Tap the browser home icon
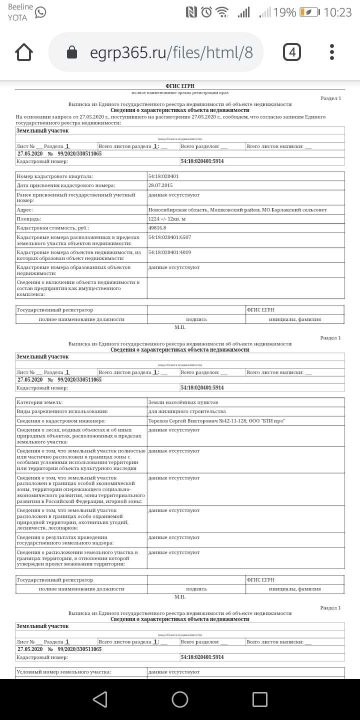pos(24,52)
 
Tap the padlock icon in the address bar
pos(72,52)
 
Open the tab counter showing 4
pos(292,52)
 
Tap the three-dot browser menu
pos(332,52)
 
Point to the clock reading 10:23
pos(337,12)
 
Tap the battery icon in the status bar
pos(309,12)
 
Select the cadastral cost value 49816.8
pos(157,227)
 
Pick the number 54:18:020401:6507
pos(169,237)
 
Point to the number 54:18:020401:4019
pos(169,252)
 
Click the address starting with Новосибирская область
pos(237,209)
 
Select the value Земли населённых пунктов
pos(183,402)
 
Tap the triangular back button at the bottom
pos(100,699)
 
